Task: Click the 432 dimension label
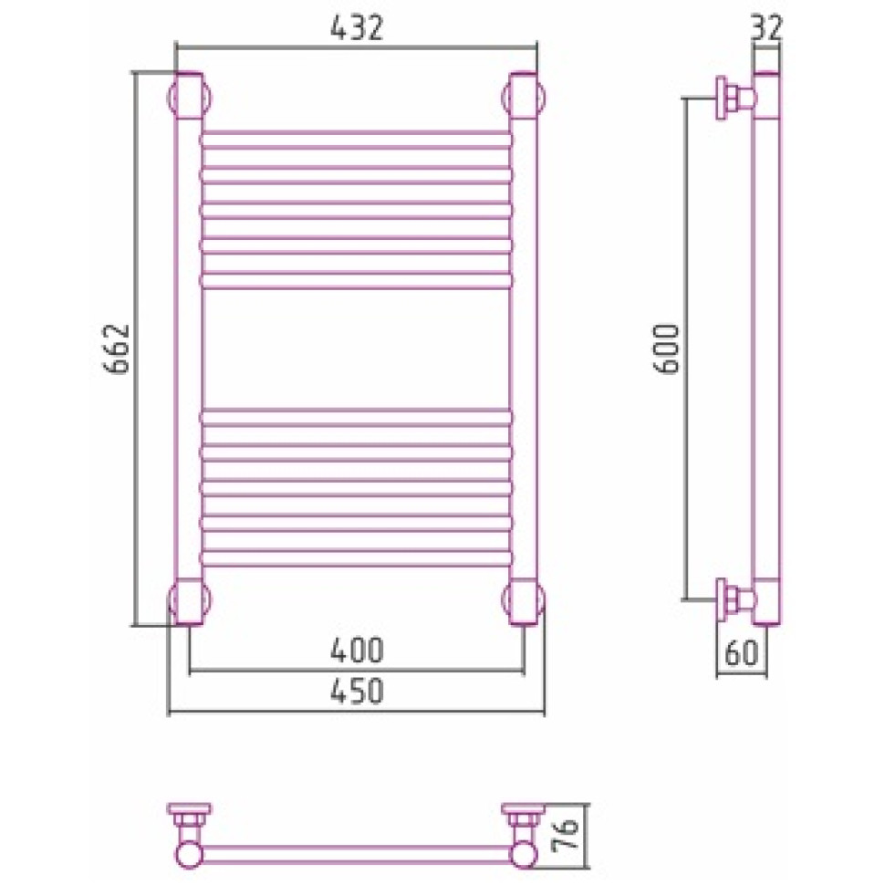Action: coord(357,27)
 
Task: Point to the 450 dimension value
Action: coord(357,691)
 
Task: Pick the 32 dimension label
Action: coord(767,27)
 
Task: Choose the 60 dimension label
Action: coord(741,653)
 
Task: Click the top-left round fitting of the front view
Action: coord(189,98)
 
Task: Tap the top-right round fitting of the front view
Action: coord(524,98)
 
